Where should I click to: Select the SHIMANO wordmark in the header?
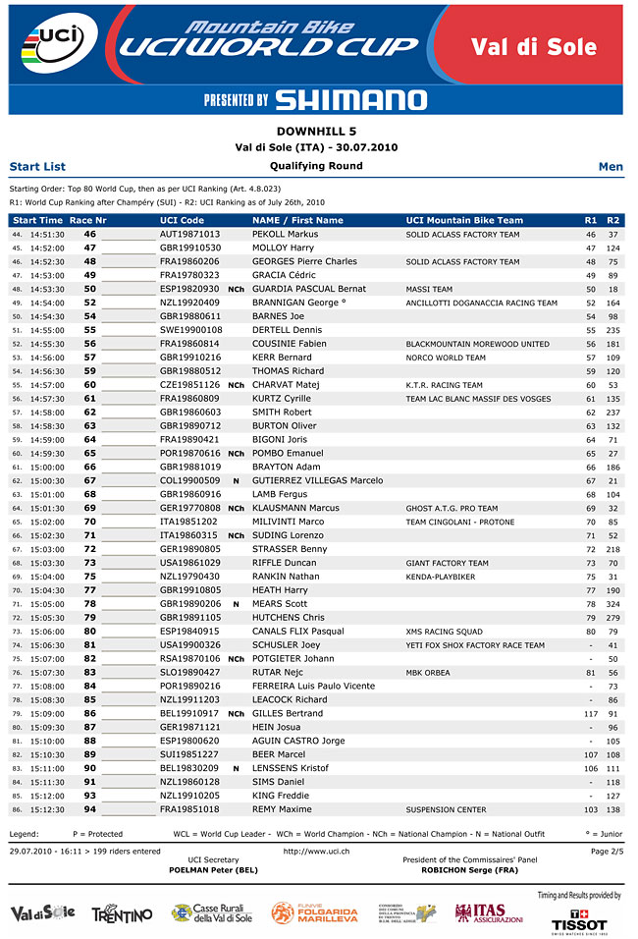350,99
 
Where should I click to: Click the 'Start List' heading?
37,167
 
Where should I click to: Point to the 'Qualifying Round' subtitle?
316,166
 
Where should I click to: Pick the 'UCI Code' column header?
182,220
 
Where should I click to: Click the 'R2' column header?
613,220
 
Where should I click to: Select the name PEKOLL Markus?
285,235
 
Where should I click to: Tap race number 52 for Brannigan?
89,304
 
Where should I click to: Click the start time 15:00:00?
47,467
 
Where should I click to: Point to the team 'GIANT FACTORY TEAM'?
447,563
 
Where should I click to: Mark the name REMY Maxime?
282,809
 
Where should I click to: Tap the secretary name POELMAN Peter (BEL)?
214,870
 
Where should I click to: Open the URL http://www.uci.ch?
316,851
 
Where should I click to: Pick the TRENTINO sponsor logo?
122,914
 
